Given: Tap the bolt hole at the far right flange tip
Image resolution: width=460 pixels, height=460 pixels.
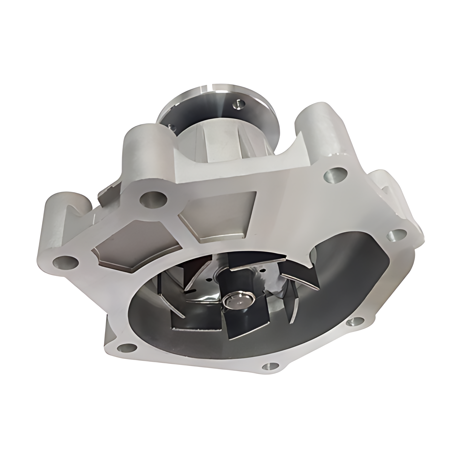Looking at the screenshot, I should (x=396, y=235).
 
